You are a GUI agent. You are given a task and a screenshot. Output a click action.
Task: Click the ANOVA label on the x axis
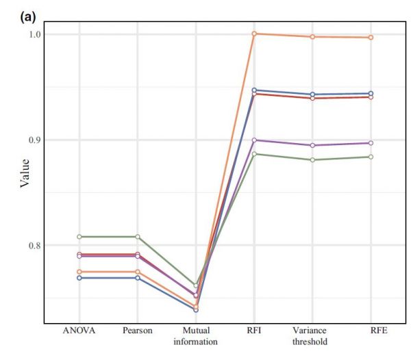[x=79, y=331]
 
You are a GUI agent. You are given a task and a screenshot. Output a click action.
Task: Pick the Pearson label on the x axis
[x=138, y=331]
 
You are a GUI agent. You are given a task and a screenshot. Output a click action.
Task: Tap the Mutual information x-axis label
[x=196, y=336]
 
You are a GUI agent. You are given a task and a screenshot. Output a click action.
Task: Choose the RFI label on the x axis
[x=254, y=331]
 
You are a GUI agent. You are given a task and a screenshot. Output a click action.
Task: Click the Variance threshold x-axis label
[x=312, y=336]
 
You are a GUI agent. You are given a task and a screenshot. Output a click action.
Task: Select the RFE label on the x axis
[x=371, y=331]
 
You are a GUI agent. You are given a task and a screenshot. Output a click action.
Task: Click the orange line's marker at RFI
[x=254, y=34]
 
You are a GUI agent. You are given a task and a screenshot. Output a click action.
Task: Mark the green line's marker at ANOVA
[x=79, y=237]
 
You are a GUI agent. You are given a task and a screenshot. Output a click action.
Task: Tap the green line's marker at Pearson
[x=138, y=237]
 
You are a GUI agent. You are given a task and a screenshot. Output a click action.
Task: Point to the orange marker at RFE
[x=371, y=37]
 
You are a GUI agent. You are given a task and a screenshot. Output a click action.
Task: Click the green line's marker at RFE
[x=371, y=157]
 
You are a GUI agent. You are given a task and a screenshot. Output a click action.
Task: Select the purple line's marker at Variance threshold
[x=312, y=145]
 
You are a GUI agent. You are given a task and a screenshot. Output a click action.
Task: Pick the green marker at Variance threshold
[x=312, y=159]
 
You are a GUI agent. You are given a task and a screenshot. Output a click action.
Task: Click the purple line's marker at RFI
[x=254, y=140]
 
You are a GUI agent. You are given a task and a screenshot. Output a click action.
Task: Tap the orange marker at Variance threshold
[x=312, y=36]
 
